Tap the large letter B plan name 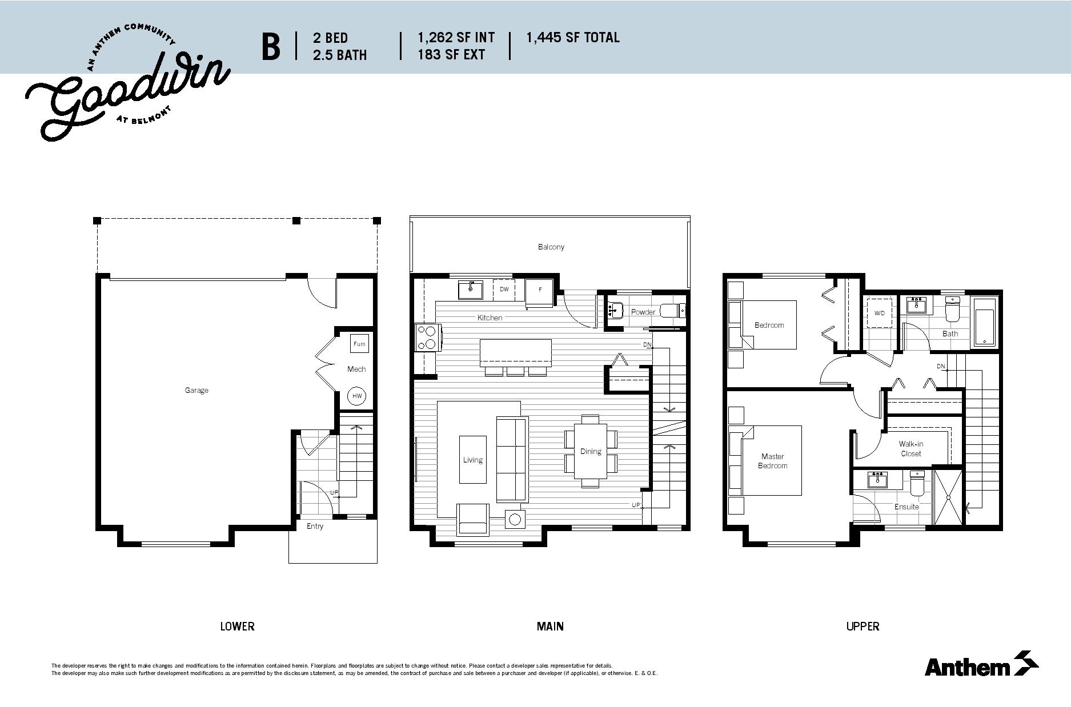271,47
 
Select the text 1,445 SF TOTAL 572,38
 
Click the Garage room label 196,391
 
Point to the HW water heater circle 357,396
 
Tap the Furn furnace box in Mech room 359,344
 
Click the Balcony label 551,247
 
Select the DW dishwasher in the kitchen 504,290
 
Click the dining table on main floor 591,451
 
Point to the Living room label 473,460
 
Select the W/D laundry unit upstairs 880,313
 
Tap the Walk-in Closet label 911,449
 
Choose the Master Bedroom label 773,461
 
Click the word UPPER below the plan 863,626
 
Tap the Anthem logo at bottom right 981,664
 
